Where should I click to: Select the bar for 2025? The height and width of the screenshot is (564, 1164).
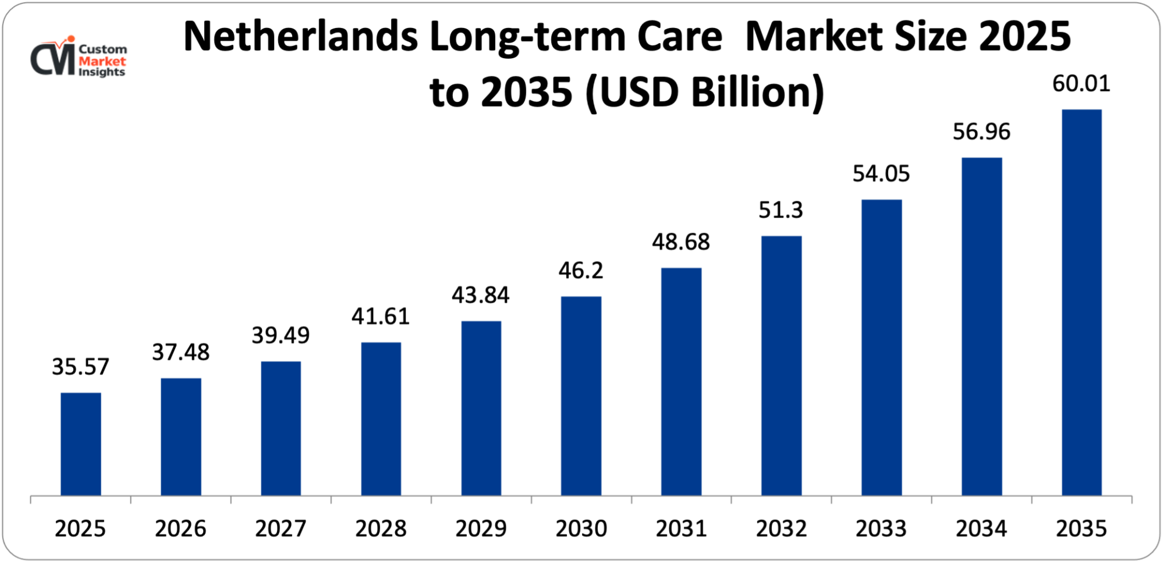coord(81,444)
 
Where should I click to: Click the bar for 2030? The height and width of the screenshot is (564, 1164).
coord(581,396)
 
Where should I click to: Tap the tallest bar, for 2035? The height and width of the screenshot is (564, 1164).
coord(1081,303)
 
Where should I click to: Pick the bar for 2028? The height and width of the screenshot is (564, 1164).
coord(381,419)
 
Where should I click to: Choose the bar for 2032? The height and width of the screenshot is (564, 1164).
coord(781,366)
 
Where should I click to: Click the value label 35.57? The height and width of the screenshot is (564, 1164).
coord(80,367)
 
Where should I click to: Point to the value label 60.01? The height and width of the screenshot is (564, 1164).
coord(1081,84)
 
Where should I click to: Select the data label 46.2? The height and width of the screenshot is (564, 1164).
coord(581,271)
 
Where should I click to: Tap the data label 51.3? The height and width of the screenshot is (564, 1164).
coord(780,210)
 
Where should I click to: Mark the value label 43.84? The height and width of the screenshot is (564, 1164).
coord(481,295)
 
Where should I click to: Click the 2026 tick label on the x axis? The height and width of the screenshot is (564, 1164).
coord(180,528)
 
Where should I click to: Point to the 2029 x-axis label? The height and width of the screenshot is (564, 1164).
coord(481,528)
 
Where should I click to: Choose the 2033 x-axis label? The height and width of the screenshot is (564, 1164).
coord(881,528)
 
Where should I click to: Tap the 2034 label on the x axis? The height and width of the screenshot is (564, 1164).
coord(981,528)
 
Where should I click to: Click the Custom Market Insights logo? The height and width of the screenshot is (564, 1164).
coord(79,58)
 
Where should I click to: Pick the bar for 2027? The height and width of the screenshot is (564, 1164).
coord(281,428)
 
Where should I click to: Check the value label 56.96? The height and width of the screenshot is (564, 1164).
coord(981,132)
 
